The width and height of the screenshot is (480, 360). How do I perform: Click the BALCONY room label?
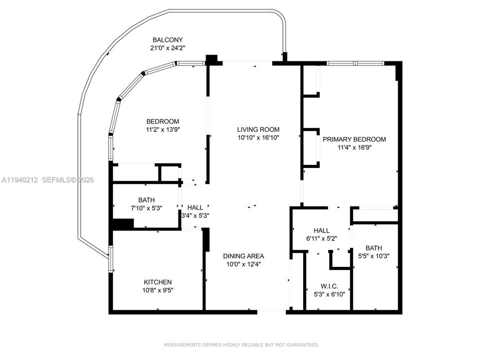coord(168,40)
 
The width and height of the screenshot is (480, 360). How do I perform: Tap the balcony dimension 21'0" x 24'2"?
coord(168,48)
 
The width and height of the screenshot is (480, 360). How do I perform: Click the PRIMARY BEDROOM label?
coord(354,139)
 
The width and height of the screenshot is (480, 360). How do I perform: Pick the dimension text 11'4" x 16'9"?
coord(354,147)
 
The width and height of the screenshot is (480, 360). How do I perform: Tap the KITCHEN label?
coord(158,282)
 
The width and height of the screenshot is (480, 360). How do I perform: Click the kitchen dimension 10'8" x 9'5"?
coord(158,290)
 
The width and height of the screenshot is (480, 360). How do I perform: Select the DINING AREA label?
coord(243,256)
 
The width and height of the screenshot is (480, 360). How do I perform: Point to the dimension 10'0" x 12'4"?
coord(243,264)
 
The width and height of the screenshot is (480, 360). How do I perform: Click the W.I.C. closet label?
coord(329,286)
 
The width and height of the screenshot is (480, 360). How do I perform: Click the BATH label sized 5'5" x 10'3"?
coord(373,247)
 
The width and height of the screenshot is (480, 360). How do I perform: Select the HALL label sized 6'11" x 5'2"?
coord(321,230)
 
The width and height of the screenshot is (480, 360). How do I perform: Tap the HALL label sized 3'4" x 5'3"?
coord(195,207)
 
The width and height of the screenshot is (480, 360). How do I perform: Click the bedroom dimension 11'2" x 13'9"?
coord(162,129)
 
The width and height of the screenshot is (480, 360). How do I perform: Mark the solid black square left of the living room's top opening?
coord(212,58)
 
